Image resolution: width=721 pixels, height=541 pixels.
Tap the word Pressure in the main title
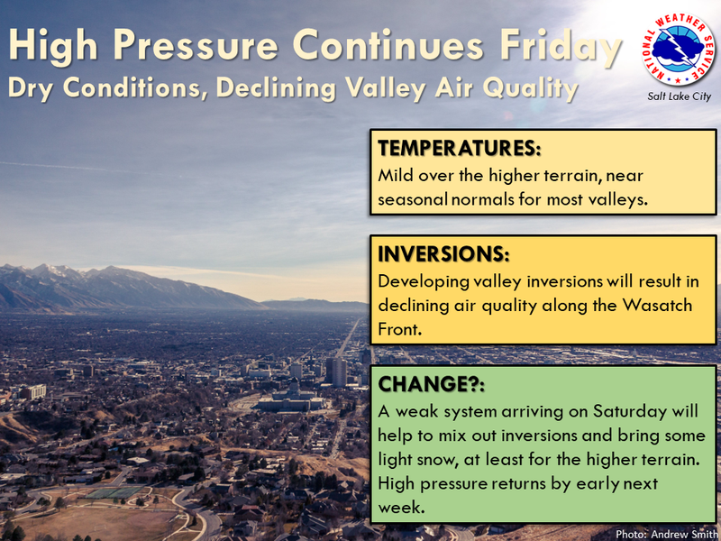pyautogui.click(x=196, y=44)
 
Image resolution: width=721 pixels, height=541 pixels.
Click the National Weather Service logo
pyautogui.click(x=679, y=50)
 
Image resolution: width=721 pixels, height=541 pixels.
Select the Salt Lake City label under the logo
pyautogui.click(x=680, y=96)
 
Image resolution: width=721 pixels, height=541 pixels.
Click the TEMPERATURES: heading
pyautogui.click(x=460, y=148)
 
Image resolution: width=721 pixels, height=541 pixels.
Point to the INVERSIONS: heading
pyautogui.click(x=443, y=254)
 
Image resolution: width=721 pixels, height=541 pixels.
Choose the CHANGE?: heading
pyautogui.click(x=432, y=384)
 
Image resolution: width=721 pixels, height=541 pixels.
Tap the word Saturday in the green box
pyautogui.click(x=630, y=411)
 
